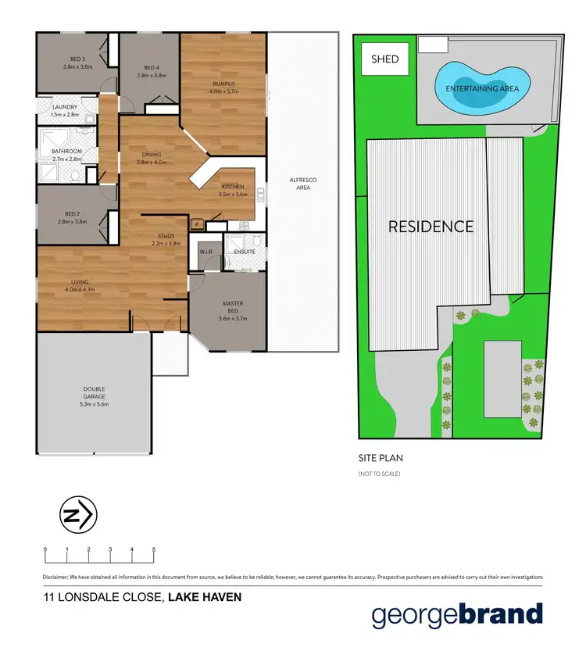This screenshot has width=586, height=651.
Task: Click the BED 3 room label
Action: tap(77, 60)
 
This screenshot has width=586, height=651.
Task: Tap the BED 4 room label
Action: tap(152, 68)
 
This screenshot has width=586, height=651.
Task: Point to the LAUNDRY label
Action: tap(65, 107)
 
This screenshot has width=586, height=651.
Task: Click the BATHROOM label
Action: tap(66, 151)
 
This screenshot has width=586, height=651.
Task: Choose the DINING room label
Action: tap(152, 154)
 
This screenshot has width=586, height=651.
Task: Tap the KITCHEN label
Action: tap(234, 187)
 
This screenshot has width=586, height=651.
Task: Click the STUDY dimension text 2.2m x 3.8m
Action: tap(166, 243)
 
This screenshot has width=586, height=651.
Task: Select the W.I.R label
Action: tap(206, 252)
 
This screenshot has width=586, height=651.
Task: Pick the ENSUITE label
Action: tap(245, 252)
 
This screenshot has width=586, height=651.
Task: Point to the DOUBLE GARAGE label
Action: tap(94, 392)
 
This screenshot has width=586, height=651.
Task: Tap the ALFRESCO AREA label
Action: tap(302, 184)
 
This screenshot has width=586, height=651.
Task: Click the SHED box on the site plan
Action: tap(384, 59)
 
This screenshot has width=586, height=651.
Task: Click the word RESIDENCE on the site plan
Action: tap(431, 227)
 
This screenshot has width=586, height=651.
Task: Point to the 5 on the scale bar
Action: tap(154, 550)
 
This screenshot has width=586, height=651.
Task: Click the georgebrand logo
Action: tap(456, 614)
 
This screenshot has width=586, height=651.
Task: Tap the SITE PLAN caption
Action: tap(380, 459)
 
